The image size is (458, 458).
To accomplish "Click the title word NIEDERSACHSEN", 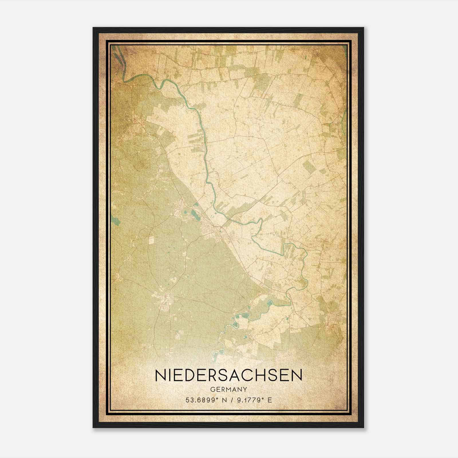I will click(228, 376).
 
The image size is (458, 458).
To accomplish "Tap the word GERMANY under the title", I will click(228, 390).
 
